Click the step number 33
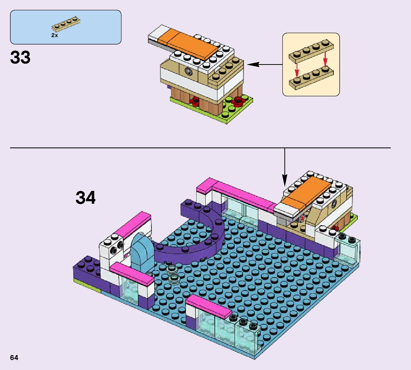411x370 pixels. (x=20, y=58)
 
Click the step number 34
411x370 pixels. (x=86, y=198)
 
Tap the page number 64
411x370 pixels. (x=14, y=358)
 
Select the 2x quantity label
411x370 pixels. (x=54, y=35)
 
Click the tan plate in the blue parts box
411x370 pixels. (x=66, y=24)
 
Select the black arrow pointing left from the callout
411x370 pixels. (x=264, y=65)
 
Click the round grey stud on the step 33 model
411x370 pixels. (x=189, y=72)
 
